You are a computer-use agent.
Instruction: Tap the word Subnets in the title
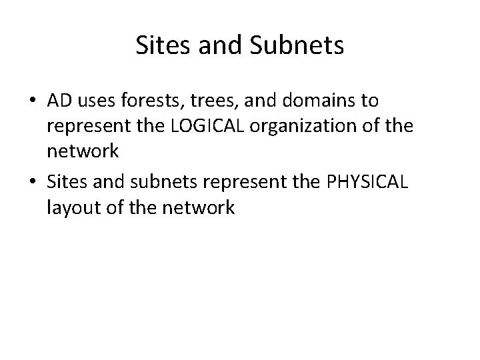click(x=304, y=46)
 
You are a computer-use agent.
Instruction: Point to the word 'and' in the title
click(x=225, y=46)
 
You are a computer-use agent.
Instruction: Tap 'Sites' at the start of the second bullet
click(x=65, y=183)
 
